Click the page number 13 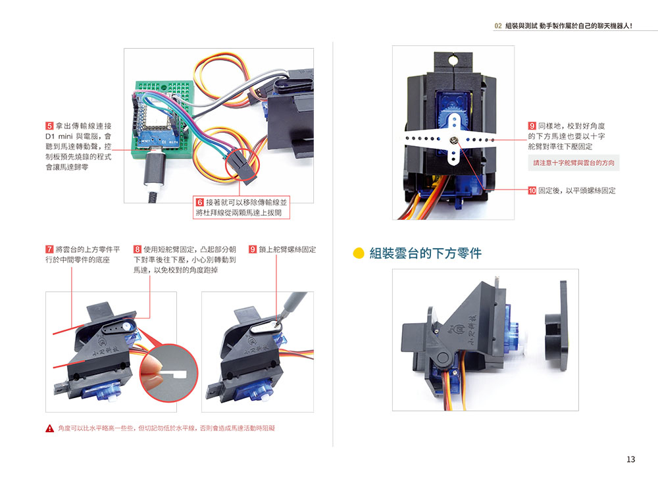point(630,459)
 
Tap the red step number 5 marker point(49,126)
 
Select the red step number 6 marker point(199,202)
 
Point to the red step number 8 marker point(137,250)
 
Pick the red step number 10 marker point(532,191)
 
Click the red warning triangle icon point(49,428)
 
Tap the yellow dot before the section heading point(359,253)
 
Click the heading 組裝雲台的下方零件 point(425,253)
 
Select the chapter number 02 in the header point(498,26)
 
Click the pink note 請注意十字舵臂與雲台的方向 point(574,163)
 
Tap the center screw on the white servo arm point(455,139)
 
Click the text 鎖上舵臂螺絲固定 point(288,250)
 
